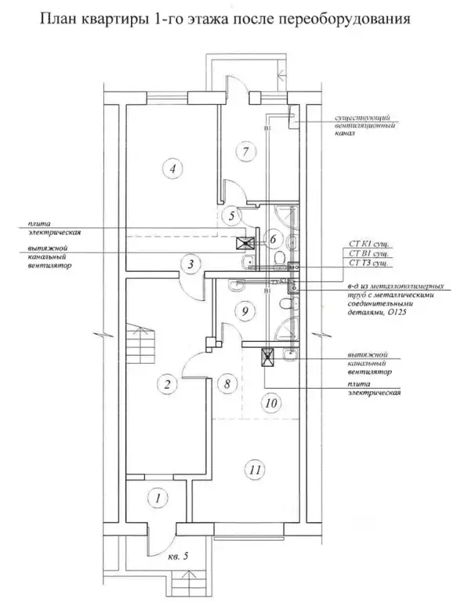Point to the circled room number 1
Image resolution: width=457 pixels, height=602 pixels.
158,497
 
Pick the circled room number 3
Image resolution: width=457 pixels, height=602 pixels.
190,264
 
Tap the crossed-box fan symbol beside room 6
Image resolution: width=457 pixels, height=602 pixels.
243,244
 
